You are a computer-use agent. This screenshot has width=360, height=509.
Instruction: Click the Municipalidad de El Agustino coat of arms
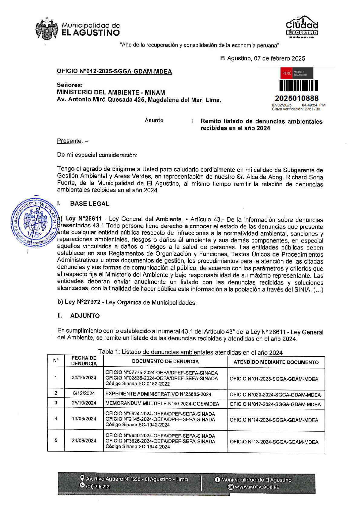point(47,29)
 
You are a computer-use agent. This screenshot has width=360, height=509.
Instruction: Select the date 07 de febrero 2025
point(279,58)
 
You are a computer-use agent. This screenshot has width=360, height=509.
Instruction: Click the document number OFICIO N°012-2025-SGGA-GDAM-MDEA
point(114,71)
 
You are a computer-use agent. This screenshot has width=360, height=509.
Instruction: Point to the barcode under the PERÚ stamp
point(298,86)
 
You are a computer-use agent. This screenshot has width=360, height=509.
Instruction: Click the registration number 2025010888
point(296,98)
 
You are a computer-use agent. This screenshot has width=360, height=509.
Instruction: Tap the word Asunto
point(154,120)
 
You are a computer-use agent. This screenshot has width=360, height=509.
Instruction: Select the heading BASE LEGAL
point(90,204)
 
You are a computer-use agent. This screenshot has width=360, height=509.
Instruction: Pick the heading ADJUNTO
point(85,316)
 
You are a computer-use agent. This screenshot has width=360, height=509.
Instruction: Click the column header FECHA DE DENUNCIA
point(84,361)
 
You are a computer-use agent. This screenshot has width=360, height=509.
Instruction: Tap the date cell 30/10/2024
point(84,377)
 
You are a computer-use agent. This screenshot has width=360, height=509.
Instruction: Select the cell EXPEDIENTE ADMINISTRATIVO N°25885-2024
point(158,394)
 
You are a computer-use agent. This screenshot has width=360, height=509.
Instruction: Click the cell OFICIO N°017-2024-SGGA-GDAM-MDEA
point(275,404)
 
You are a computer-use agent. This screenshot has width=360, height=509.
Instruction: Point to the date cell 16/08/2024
point(84,419)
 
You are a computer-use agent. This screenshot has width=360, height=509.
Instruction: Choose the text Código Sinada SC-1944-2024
point(138,447)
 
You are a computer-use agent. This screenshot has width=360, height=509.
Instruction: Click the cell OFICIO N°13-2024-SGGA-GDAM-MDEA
point(274,442)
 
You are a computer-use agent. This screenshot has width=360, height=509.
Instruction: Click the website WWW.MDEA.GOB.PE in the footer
point(257,487)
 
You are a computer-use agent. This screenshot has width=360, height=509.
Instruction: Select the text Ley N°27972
point(83,302)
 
